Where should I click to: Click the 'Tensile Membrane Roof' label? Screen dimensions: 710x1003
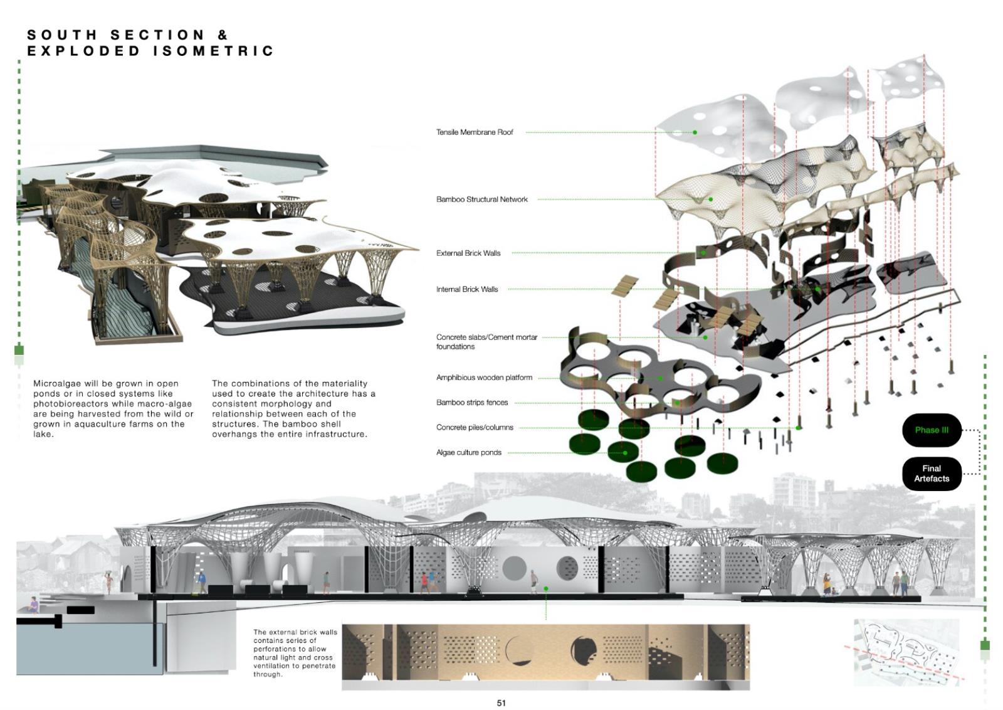pyautogui.click(x=475, y=132)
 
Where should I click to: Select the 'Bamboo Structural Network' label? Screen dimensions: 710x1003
pyautogui.click(x=482, y=199)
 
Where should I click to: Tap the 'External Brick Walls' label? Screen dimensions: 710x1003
pyautogui.click(x=468, y=253)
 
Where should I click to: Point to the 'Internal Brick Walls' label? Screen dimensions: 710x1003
pyautogui.click(x=467, y=289)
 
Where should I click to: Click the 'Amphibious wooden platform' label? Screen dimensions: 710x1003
pyautogui.click(x=484, y=378)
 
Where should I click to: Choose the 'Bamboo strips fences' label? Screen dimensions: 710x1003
pyautogui.click(x=472, y=403)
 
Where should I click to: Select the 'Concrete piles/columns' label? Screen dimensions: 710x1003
pyautogui.click(x=475, y=428)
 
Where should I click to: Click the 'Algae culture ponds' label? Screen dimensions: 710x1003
pyautogui.click(x=468, y=452)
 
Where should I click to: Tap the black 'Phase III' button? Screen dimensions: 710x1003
pyautogui.click(x=932, y=430)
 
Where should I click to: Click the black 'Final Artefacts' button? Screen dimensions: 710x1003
pyautogui.click(x=932, y=474)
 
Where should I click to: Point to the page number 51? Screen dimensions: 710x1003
pyautogui.click(x=501, y=703)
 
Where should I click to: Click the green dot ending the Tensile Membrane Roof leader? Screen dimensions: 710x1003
pyautogui.click(x=695, y=132)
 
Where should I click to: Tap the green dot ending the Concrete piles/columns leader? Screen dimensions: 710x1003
pyautogui.click(x=798, y=428)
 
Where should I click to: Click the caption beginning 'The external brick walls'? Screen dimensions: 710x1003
pyautogui.click(x=295, y=653)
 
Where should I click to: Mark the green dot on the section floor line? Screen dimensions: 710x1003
pyautogui.click(x=546, y=589)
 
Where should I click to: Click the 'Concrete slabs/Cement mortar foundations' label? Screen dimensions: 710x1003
pyautogui.click(x=486, y=342)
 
